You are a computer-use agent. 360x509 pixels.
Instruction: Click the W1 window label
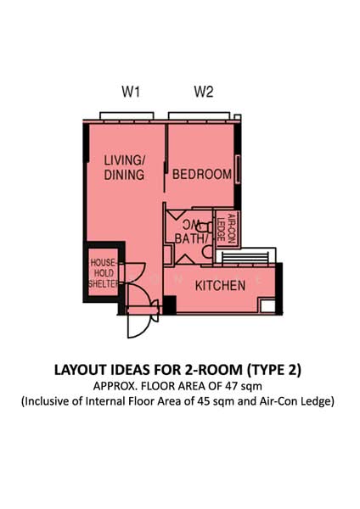pos(130,93)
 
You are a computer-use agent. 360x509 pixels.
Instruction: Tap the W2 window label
pos(202,93)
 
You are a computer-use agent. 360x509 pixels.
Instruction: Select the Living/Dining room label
pos(124,167)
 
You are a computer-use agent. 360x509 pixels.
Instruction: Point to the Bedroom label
pos(202,175)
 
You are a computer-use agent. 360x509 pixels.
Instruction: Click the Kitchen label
pos(221,286)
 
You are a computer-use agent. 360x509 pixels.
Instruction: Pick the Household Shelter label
pos(103,273)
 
